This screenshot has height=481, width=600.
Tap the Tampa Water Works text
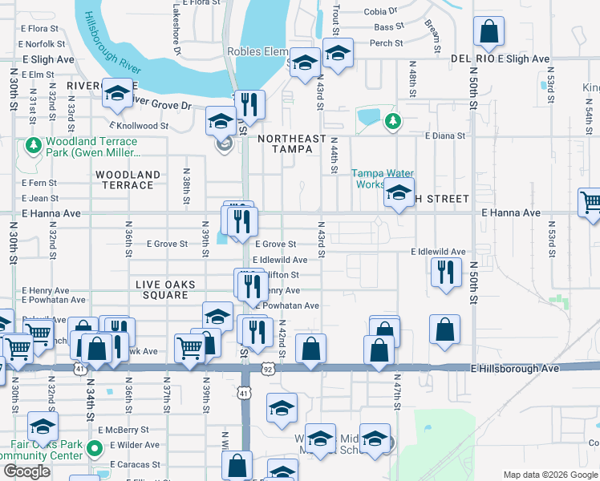pos(383,179)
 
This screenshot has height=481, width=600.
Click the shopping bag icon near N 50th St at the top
pos(489,33)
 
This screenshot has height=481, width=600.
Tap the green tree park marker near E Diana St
pos(392,121)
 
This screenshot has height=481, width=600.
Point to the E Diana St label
pos(445,135)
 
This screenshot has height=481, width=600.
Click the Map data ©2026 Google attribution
pos(550,475)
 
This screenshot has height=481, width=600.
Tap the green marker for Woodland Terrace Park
pos(33,145)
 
